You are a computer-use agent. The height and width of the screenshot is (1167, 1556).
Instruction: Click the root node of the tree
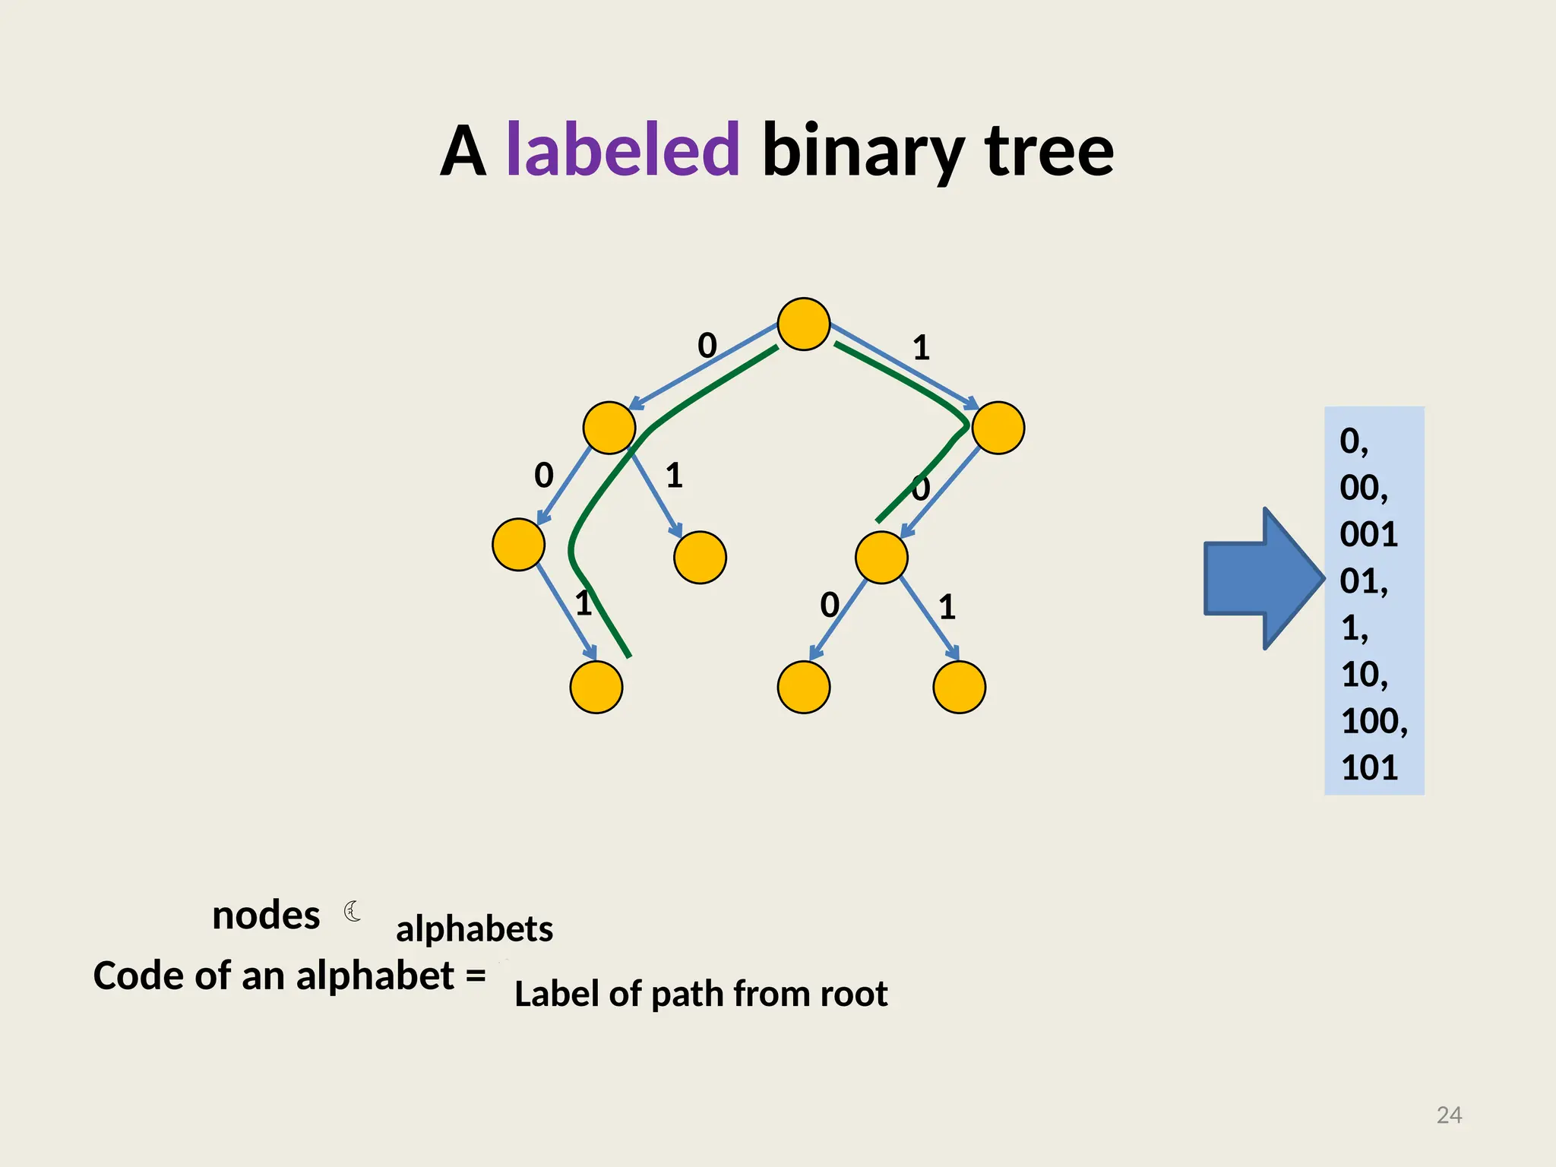pyautogui.click(x=803, y=324)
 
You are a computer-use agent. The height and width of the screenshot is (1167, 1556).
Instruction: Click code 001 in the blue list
pyautogui.click(x=1368, y=535)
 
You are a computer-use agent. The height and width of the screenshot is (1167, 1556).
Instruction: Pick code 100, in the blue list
pyautogui.click(x=1373, y=721)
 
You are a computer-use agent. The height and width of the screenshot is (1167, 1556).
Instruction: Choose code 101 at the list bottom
pyautogui.click(x=1369, y=768)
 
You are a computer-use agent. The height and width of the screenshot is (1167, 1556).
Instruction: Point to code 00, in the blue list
pyautogui.click(x=1363, y=488)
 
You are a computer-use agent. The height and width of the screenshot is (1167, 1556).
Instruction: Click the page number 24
pyautogui.click(x=1449, y=1115)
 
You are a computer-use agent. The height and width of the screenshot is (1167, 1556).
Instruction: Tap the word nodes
pyautogui.click(x=266, y=916)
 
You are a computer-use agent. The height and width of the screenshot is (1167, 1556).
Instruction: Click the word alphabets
pyautogui.click(x=474, y=929)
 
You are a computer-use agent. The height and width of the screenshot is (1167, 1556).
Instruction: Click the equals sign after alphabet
pyautogui.click(x=476, y=975)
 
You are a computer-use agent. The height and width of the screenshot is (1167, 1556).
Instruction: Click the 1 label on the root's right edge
pyautogui.click(x=921, y=348)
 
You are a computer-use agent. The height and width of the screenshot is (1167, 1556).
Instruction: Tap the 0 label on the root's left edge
pyautogui.click(x=707, y=346)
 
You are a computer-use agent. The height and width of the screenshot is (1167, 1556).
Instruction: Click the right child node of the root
pyautogui.click(x=998, y=428)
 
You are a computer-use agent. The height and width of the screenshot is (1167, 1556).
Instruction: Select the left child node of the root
pyautogui.click(x=609, y=428)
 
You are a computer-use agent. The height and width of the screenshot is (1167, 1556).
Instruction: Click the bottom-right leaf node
pyautogui.click(x=959, y=687)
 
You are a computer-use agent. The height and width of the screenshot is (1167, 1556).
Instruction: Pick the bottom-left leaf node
pyautogui.click(x=596, y=687)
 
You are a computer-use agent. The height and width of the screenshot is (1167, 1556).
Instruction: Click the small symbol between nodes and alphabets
pyautogui.click(x=353, y=911)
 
